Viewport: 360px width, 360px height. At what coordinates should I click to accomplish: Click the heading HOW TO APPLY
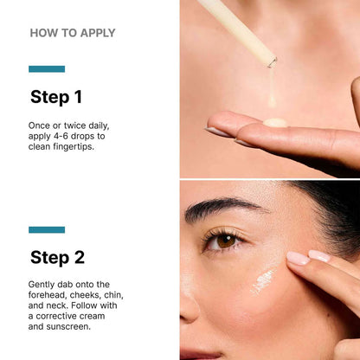click(73, 33)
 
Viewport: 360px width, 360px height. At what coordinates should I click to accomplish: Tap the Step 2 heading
click(58, 257)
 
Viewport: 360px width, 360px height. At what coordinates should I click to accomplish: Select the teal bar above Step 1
click(47, 68)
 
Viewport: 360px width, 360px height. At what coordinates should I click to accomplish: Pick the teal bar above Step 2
click(47, 229)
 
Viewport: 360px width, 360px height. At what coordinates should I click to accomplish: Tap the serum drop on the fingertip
click(276, 122)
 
